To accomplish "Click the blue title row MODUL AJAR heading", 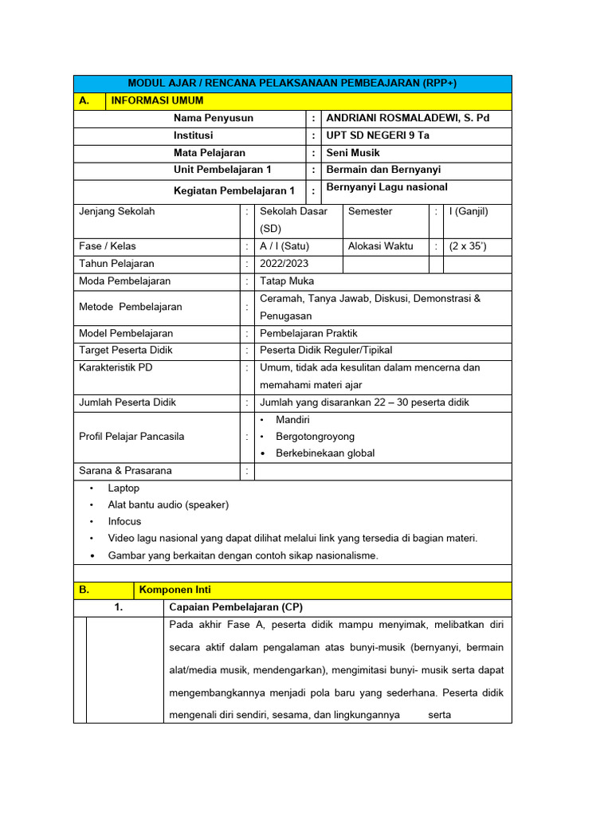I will click(x=292, y=84).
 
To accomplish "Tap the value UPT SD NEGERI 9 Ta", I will click(x=372, y=135).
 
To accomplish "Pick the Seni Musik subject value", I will click(x=347, y=152).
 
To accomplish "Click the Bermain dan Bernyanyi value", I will click(x=378, y=170).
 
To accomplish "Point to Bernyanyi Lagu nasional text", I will click(x=381, y=187).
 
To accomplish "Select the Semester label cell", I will click(x=370, y=211).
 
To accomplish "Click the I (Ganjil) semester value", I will click(x=469, y=211).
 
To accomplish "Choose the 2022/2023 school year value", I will click(x=284, y=264).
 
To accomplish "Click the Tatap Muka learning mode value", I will click(x=287, y=281).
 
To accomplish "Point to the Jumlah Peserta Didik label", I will click(x=127, y=402).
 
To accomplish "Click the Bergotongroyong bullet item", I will click(x=315, y=437).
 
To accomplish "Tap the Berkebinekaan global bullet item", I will click(x=324, y=453).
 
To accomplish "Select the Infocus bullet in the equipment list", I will click(x=124, y=521).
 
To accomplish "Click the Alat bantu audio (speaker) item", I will click(x=168, y=504).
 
